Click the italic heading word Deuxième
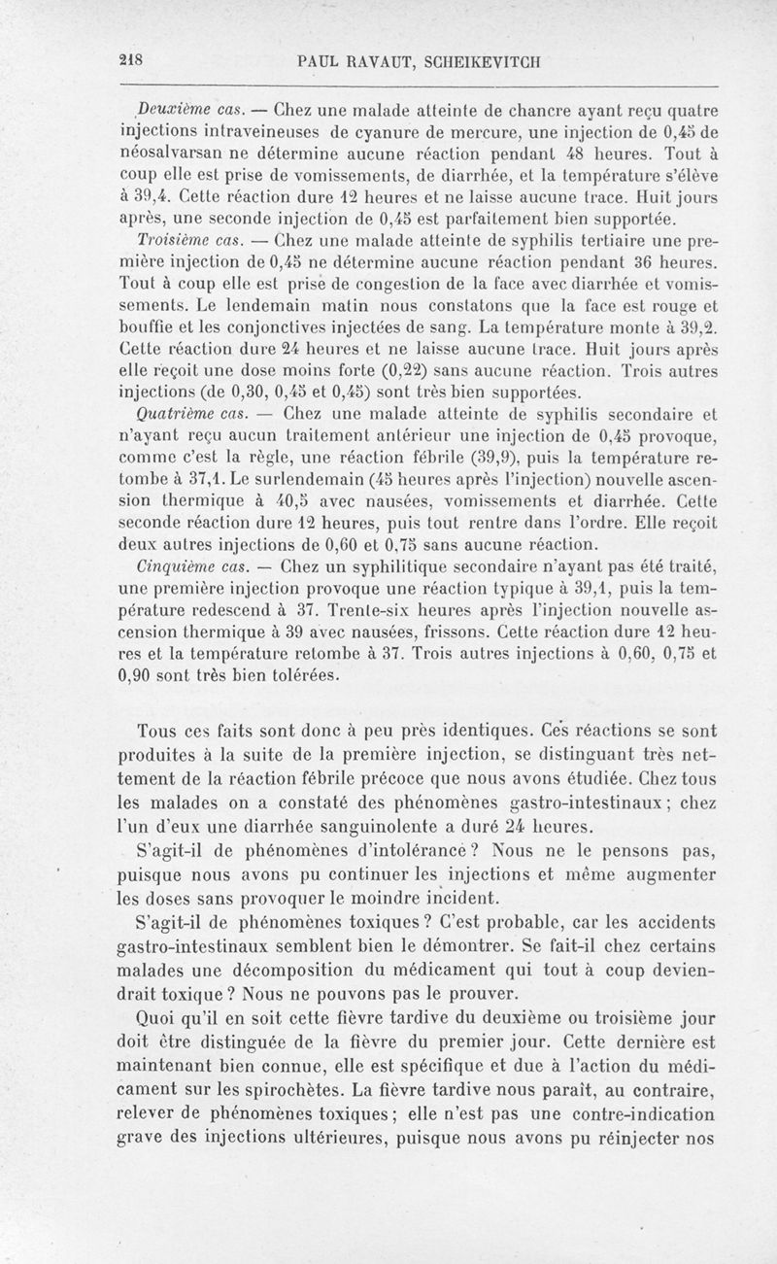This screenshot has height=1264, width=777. coord(167,106)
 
